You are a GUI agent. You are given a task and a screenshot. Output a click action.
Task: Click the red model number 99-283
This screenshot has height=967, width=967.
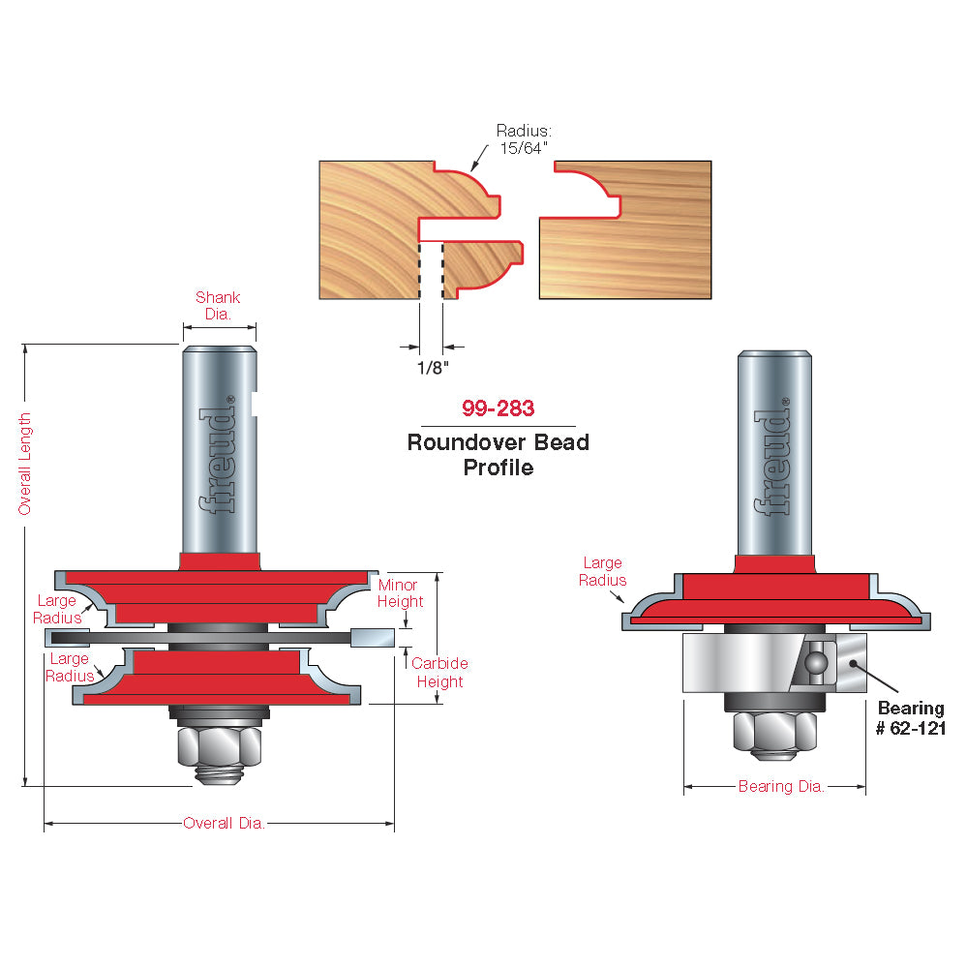[499, 408]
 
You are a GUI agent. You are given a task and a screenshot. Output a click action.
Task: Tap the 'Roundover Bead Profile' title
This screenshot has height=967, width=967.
[499, 455]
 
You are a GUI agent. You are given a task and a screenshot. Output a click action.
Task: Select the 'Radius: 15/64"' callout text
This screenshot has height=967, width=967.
[524, 139]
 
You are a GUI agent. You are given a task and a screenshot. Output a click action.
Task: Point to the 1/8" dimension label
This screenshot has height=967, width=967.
[433, 368]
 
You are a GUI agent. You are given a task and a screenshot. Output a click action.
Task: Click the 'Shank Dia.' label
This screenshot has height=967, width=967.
[218, 305]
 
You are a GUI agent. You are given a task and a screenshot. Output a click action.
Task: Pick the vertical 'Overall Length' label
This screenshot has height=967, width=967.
[24, 464]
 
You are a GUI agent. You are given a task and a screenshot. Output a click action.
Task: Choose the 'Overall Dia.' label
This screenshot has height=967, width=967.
[225, 824]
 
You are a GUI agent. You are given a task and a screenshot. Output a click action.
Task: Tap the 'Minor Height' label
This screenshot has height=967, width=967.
[400, 593]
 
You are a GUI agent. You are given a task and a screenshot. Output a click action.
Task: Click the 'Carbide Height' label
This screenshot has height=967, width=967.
[439, 672]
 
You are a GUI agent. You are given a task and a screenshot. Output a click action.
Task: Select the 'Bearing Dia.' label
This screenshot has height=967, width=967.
[781, 786]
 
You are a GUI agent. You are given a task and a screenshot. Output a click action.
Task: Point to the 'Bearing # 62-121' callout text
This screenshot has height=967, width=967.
[910, 718]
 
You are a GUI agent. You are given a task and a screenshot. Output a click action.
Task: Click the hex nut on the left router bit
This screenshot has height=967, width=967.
[220, 747]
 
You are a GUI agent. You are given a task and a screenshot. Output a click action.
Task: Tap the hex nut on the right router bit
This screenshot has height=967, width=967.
[775, 732]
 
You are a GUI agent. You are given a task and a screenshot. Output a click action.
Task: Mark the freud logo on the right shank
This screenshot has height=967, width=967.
[772, 457]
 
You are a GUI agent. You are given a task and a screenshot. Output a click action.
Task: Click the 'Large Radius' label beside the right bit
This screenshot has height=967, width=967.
[602, 571]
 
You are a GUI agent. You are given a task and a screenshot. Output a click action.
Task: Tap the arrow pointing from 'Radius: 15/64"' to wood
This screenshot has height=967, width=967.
[479, 158]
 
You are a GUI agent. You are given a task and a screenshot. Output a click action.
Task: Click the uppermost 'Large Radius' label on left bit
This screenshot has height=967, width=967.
[57, 609]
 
